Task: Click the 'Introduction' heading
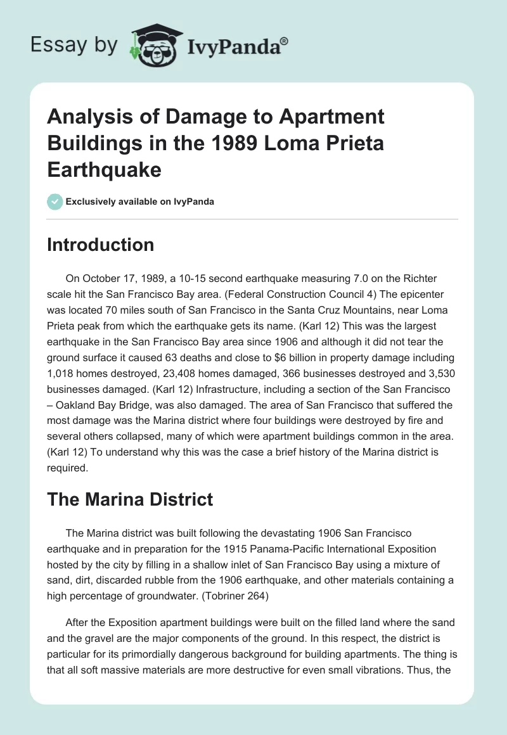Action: pyautogui.click(x=100, y=245)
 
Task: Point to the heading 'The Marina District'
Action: pyautogui.click(x=130, y=499)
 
